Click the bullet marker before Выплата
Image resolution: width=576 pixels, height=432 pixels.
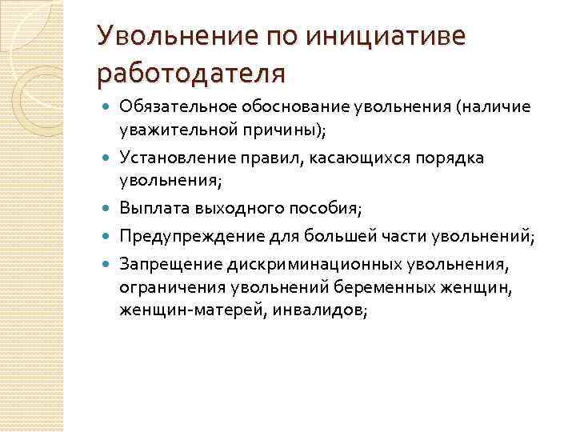(108, 210)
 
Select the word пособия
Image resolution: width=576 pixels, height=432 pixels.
(326, 209)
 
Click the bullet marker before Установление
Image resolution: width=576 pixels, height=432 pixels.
(108, 158)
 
